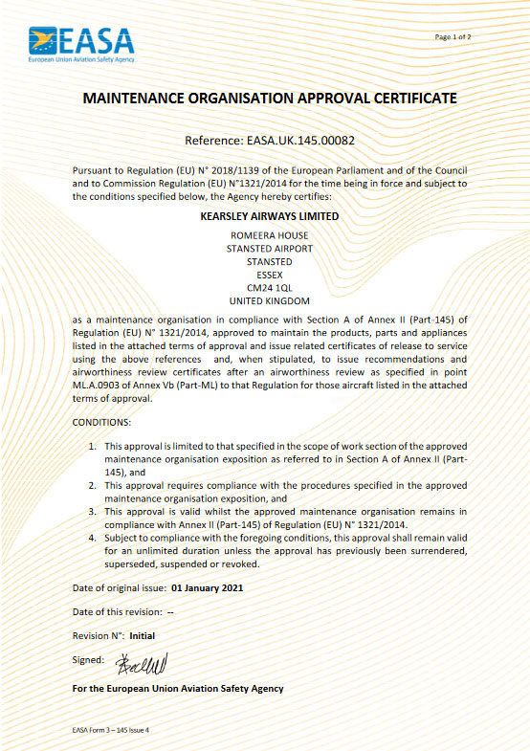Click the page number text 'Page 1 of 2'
[x=453, y=36]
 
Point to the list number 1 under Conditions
[x=92, y=446]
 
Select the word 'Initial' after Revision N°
[x=142, y=635]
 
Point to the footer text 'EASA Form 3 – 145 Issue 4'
[x=111, y=730]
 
